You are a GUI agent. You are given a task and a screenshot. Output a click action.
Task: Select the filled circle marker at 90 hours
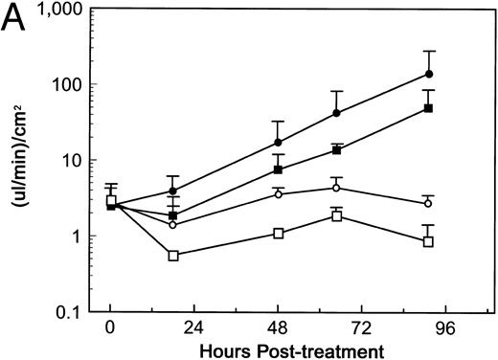point(429,74)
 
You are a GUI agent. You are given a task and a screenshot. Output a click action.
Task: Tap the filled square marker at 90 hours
point(429,108)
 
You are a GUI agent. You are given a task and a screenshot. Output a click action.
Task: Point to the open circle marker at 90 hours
point(429,203)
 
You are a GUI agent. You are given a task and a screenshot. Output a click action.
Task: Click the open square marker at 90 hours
point(429,241)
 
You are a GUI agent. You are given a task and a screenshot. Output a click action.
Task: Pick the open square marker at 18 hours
point(172,256)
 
